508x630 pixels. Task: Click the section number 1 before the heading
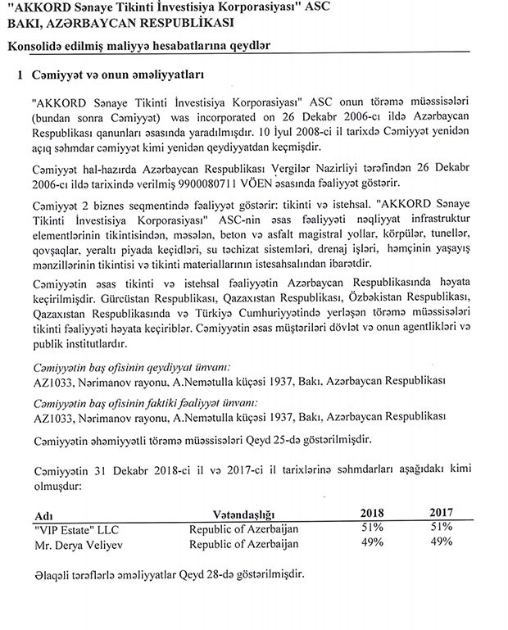coord(21,75)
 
